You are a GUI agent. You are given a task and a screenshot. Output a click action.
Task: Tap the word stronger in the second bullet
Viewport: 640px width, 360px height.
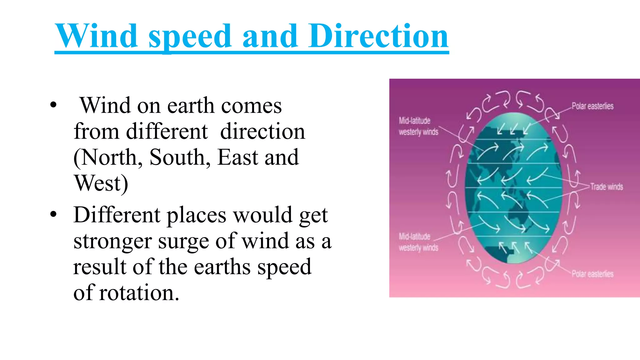tap(112, 242)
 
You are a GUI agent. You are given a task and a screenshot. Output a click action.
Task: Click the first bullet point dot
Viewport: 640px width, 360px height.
tap(53, 105)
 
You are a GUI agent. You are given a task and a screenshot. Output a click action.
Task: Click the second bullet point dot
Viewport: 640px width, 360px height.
tap(53, 214)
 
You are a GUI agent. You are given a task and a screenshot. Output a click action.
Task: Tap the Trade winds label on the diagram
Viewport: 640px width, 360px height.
tap(606, 187)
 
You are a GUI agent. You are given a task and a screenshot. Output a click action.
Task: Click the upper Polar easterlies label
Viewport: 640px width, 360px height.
tap(592, 106)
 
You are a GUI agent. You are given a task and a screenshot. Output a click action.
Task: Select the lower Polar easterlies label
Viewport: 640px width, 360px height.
tap(592, 274)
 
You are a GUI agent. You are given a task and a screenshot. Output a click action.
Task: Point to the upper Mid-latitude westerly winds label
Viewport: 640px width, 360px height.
tap(418, 126)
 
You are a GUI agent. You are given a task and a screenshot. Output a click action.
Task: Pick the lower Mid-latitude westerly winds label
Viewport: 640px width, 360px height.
tap(418, 242)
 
